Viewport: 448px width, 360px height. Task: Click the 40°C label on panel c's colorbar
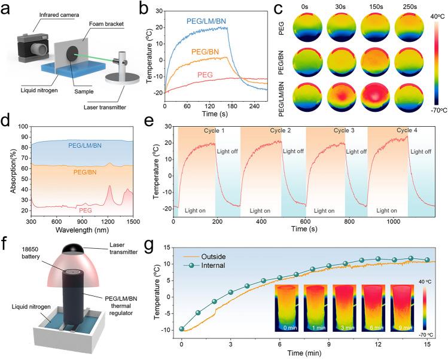[425, 16]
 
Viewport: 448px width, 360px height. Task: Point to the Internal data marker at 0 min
[182, 329]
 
